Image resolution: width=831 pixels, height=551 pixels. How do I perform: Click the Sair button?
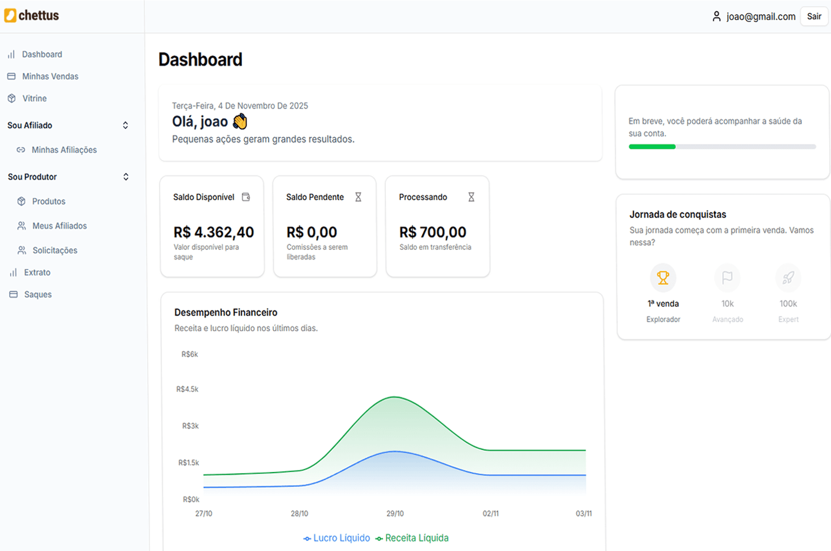814,16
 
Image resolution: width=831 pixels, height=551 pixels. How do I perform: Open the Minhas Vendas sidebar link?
50,76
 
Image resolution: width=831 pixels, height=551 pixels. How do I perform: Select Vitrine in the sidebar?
34,98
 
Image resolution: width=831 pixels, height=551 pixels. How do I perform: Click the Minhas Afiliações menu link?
64,150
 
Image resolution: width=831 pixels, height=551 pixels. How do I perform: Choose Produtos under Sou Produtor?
48,202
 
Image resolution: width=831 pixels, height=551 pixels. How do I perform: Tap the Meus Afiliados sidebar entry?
59,226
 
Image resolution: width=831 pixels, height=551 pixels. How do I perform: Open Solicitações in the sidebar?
55,251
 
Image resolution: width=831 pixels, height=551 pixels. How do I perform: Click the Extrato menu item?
37,273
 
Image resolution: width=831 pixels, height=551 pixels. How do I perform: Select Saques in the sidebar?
37,295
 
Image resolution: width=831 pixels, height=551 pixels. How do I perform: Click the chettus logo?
32,15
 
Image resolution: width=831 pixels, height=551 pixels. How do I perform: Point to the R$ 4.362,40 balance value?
214,232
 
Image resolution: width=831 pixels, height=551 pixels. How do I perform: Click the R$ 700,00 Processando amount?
432,232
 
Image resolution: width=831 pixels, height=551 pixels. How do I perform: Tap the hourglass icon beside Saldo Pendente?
358,197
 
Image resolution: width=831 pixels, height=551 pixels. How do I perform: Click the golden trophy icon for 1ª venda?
663,278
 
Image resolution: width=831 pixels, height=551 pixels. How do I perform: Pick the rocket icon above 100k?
788,278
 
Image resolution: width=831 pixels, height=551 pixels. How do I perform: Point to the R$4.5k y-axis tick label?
187,390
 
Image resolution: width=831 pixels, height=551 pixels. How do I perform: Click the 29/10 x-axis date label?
395,514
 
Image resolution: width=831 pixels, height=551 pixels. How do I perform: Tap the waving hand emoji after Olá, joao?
240,122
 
